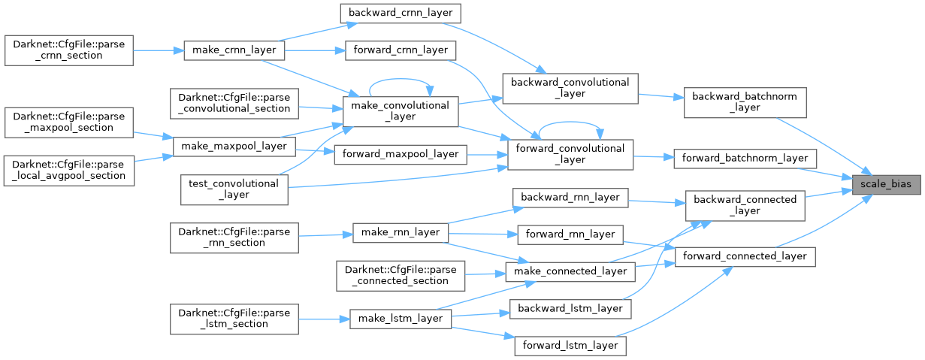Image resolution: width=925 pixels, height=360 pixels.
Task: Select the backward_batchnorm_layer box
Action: [745, 102]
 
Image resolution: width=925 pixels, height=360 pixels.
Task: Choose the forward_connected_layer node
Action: [745, 256]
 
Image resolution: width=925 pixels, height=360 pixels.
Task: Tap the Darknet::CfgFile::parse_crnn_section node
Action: [69, 50]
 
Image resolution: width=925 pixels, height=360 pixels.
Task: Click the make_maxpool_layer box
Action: [233, 146]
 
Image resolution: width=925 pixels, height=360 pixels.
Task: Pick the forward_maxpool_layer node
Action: [400, 153]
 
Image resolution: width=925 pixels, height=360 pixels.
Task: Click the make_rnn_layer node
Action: [401, 232]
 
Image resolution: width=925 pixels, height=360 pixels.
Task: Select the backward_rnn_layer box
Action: [570, 198]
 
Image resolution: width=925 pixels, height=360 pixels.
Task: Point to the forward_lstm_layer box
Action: [570, 346]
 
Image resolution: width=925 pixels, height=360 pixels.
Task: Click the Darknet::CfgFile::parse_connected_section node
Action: [401, 275]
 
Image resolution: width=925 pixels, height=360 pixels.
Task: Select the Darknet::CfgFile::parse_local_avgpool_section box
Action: [69, 170]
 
